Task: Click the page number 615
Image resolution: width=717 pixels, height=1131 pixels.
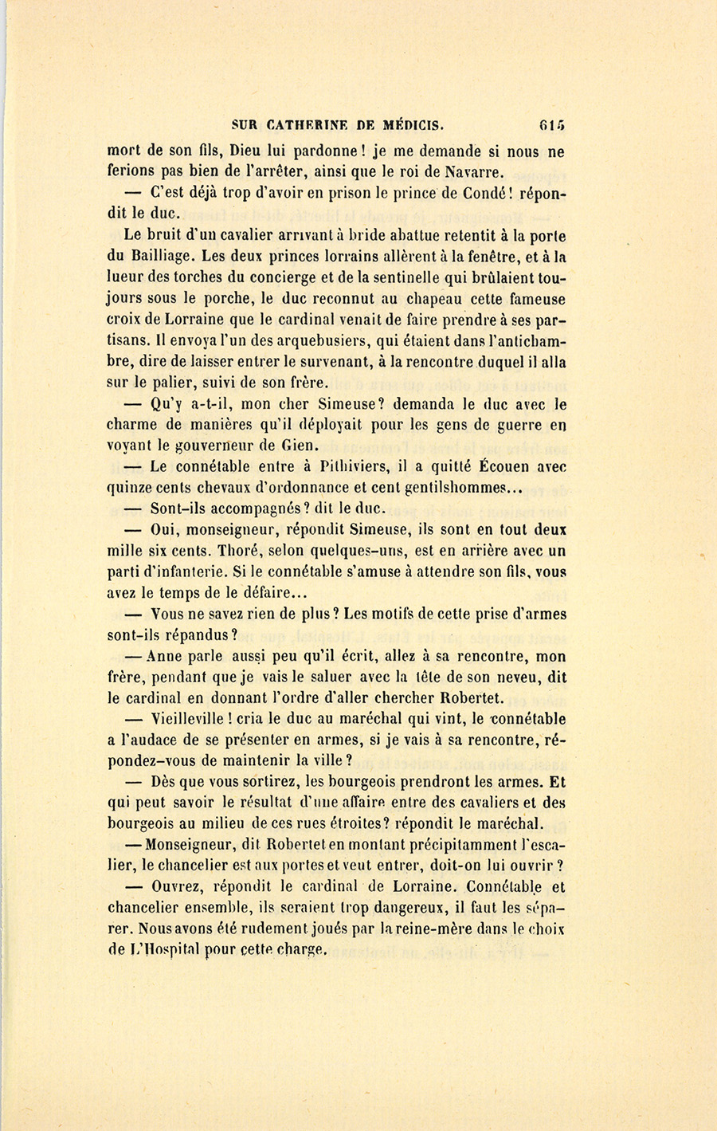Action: tap(551, 124)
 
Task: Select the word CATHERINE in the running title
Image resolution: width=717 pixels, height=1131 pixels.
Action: tap(304, 124)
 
